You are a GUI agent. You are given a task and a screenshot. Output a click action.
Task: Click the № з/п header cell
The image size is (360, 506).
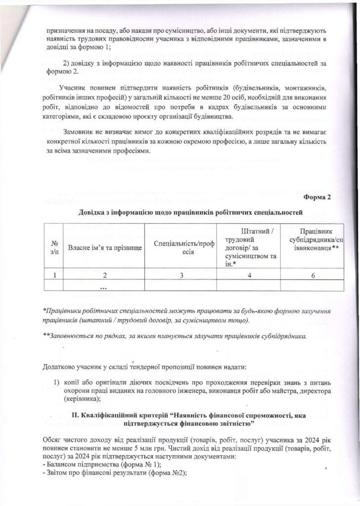54,247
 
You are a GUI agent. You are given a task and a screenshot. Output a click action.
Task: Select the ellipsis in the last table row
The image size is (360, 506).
104,287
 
